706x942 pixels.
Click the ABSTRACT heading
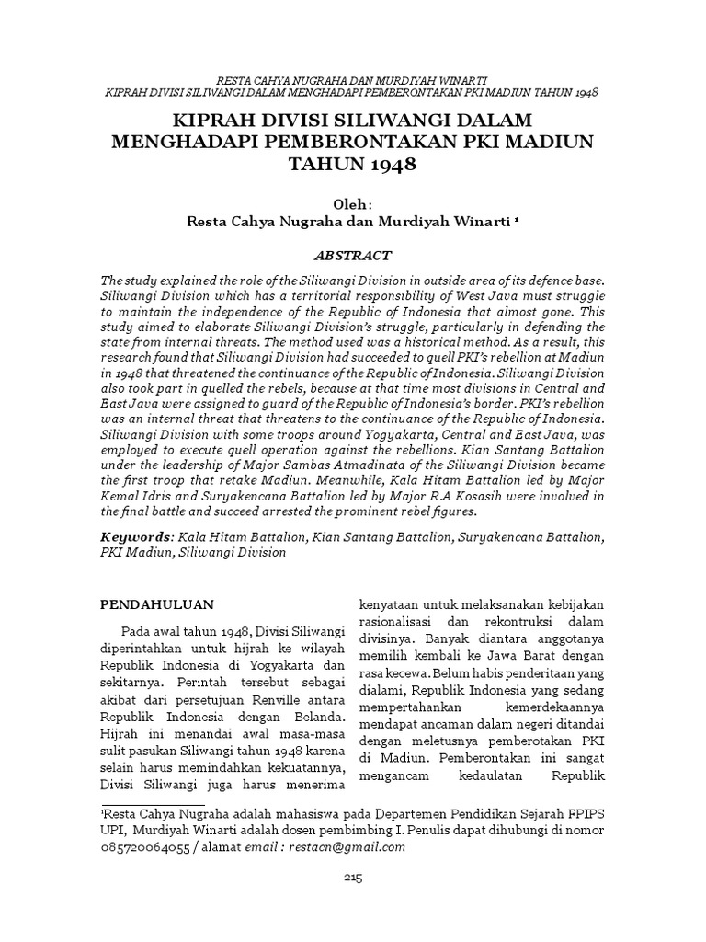pos(352,256)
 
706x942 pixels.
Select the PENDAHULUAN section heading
pos(156,604)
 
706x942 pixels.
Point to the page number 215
pos(353,878)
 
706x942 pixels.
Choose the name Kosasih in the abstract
pos(481,497)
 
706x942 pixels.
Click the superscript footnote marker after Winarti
pos(516,220)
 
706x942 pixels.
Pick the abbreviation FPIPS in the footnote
pos(581,813)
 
